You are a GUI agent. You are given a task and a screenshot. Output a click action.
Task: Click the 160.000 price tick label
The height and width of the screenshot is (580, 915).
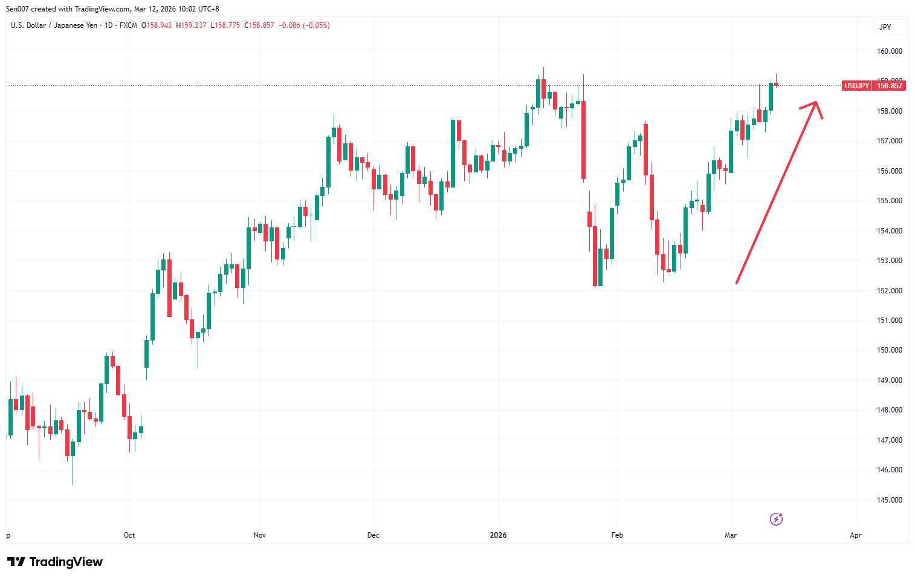pos(890,51)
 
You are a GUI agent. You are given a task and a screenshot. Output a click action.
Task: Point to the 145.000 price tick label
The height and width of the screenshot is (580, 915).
pos(890,500)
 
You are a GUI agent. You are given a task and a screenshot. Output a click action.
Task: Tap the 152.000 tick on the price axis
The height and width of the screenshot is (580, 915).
pos(890,291)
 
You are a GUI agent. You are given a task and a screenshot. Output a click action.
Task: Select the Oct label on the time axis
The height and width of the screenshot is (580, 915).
pos(129,535)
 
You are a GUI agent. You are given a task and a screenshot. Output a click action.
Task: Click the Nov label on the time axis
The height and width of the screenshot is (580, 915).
pos(260,535)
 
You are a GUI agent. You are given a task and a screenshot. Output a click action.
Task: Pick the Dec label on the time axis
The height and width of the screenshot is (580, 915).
pos(373,535)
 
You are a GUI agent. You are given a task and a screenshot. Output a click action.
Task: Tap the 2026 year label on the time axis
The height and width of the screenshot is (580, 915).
pos(498,535)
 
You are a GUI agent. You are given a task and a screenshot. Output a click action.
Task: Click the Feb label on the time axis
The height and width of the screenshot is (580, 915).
pos(617,535)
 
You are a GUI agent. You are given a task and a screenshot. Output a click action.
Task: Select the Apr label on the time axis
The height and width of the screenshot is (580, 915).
pos(855,535)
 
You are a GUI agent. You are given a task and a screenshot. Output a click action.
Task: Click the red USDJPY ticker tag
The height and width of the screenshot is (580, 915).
pos(856,86)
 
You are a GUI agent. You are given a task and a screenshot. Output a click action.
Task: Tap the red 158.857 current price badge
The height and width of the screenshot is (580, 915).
pos(890,86)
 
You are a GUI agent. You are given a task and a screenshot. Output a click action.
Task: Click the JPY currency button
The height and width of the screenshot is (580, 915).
pos(885,27)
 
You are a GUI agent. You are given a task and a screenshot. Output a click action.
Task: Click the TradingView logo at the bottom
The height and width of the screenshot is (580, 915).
pos(55,562)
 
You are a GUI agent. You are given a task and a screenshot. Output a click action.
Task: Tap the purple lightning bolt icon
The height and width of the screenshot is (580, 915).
pos(776,519)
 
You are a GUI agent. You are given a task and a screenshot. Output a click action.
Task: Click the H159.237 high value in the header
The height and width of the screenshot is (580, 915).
pos(191,25)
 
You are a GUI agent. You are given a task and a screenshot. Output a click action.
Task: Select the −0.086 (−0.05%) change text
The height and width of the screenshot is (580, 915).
pos(304,25)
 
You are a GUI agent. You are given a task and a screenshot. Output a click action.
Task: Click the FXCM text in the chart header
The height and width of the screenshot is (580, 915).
pos(128,25)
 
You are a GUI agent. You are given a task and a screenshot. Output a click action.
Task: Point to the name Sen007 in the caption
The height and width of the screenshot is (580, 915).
pos(17,9)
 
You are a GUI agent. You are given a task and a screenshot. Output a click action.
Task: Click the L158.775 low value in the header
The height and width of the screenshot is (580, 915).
pos(225,25)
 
